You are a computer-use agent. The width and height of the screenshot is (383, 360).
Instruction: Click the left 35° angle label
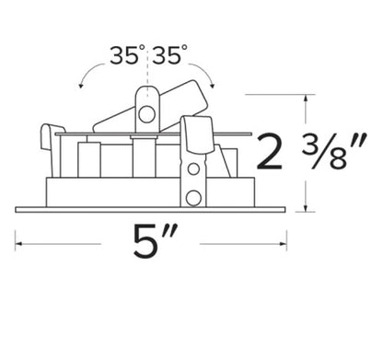click(x=127, y=55)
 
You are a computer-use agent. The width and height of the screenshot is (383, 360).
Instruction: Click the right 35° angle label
click(x=169, y=55)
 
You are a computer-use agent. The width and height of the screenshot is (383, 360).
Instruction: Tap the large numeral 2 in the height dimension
click(x=269, y=152)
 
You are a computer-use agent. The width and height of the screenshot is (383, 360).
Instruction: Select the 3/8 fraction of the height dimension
click(x=333, y=151)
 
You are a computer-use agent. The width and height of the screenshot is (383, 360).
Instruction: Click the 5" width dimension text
click(x=155, y=241)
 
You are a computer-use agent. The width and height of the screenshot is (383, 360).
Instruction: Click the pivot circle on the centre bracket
click(x=146, y=114)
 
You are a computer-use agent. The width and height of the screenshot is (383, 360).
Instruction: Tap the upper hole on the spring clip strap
click(x=193, y=168)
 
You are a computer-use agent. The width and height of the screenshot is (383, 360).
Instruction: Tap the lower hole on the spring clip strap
click(x=193, y=198)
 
